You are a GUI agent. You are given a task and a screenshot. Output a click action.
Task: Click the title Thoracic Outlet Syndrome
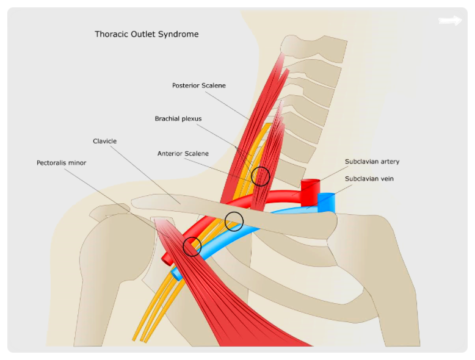[x=147, y=34]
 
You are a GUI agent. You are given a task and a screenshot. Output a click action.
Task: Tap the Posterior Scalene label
[x=198, y=85]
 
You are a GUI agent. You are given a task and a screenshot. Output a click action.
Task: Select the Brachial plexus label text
[x=178, y=119]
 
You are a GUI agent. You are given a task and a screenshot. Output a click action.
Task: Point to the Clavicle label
[x=104, y=141]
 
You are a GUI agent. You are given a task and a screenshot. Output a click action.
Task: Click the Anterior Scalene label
[x=183, y=154]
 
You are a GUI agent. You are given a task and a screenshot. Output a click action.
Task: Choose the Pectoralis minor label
[x=62, y=163]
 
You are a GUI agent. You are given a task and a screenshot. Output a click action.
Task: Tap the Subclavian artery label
[x=372, y=162]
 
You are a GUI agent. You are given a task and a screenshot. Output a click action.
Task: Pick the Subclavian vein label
[x=369, y=179]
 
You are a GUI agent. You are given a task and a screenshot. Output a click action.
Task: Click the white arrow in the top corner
[x=450, y=21]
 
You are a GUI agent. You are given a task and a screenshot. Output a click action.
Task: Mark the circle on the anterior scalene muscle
[x=252, y=176]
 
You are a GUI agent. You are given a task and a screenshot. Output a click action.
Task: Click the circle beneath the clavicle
[x=225, y=221]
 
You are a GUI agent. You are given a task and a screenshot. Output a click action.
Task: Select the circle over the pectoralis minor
[x=183, y=247]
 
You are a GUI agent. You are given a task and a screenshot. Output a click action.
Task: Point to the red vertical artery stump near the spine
[x=310, y=192]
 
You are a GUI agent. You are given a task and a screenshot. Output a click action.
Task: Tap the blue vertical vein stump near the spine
[x=327, y=202]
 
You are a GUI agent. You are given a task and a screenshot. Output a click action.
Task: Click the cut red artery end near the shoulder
[x=166, y=259]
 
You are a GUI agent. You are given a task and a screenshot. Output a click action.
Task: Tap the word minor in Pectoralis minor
[x=78, y=163]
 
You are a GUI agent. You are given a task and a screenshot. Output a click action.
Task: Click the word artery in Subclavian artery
[x=390, y=162]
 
